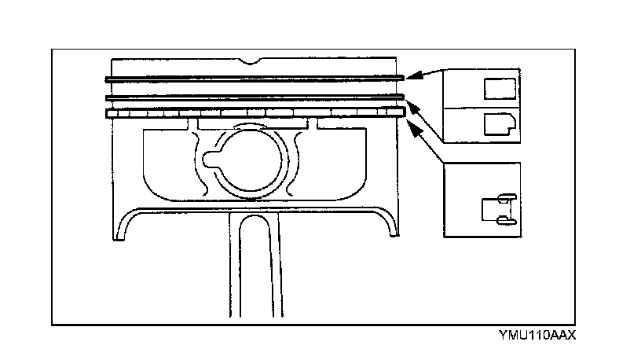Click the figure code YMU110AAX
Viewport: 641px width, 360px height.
click(537, 335)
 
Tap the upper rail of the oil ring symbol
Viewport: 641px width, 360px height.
click(505, 196)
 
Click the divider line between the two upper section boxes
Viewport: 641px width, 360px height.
click(480, 106)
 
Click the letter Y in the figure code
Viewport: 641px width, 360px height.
click(500, 335)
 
